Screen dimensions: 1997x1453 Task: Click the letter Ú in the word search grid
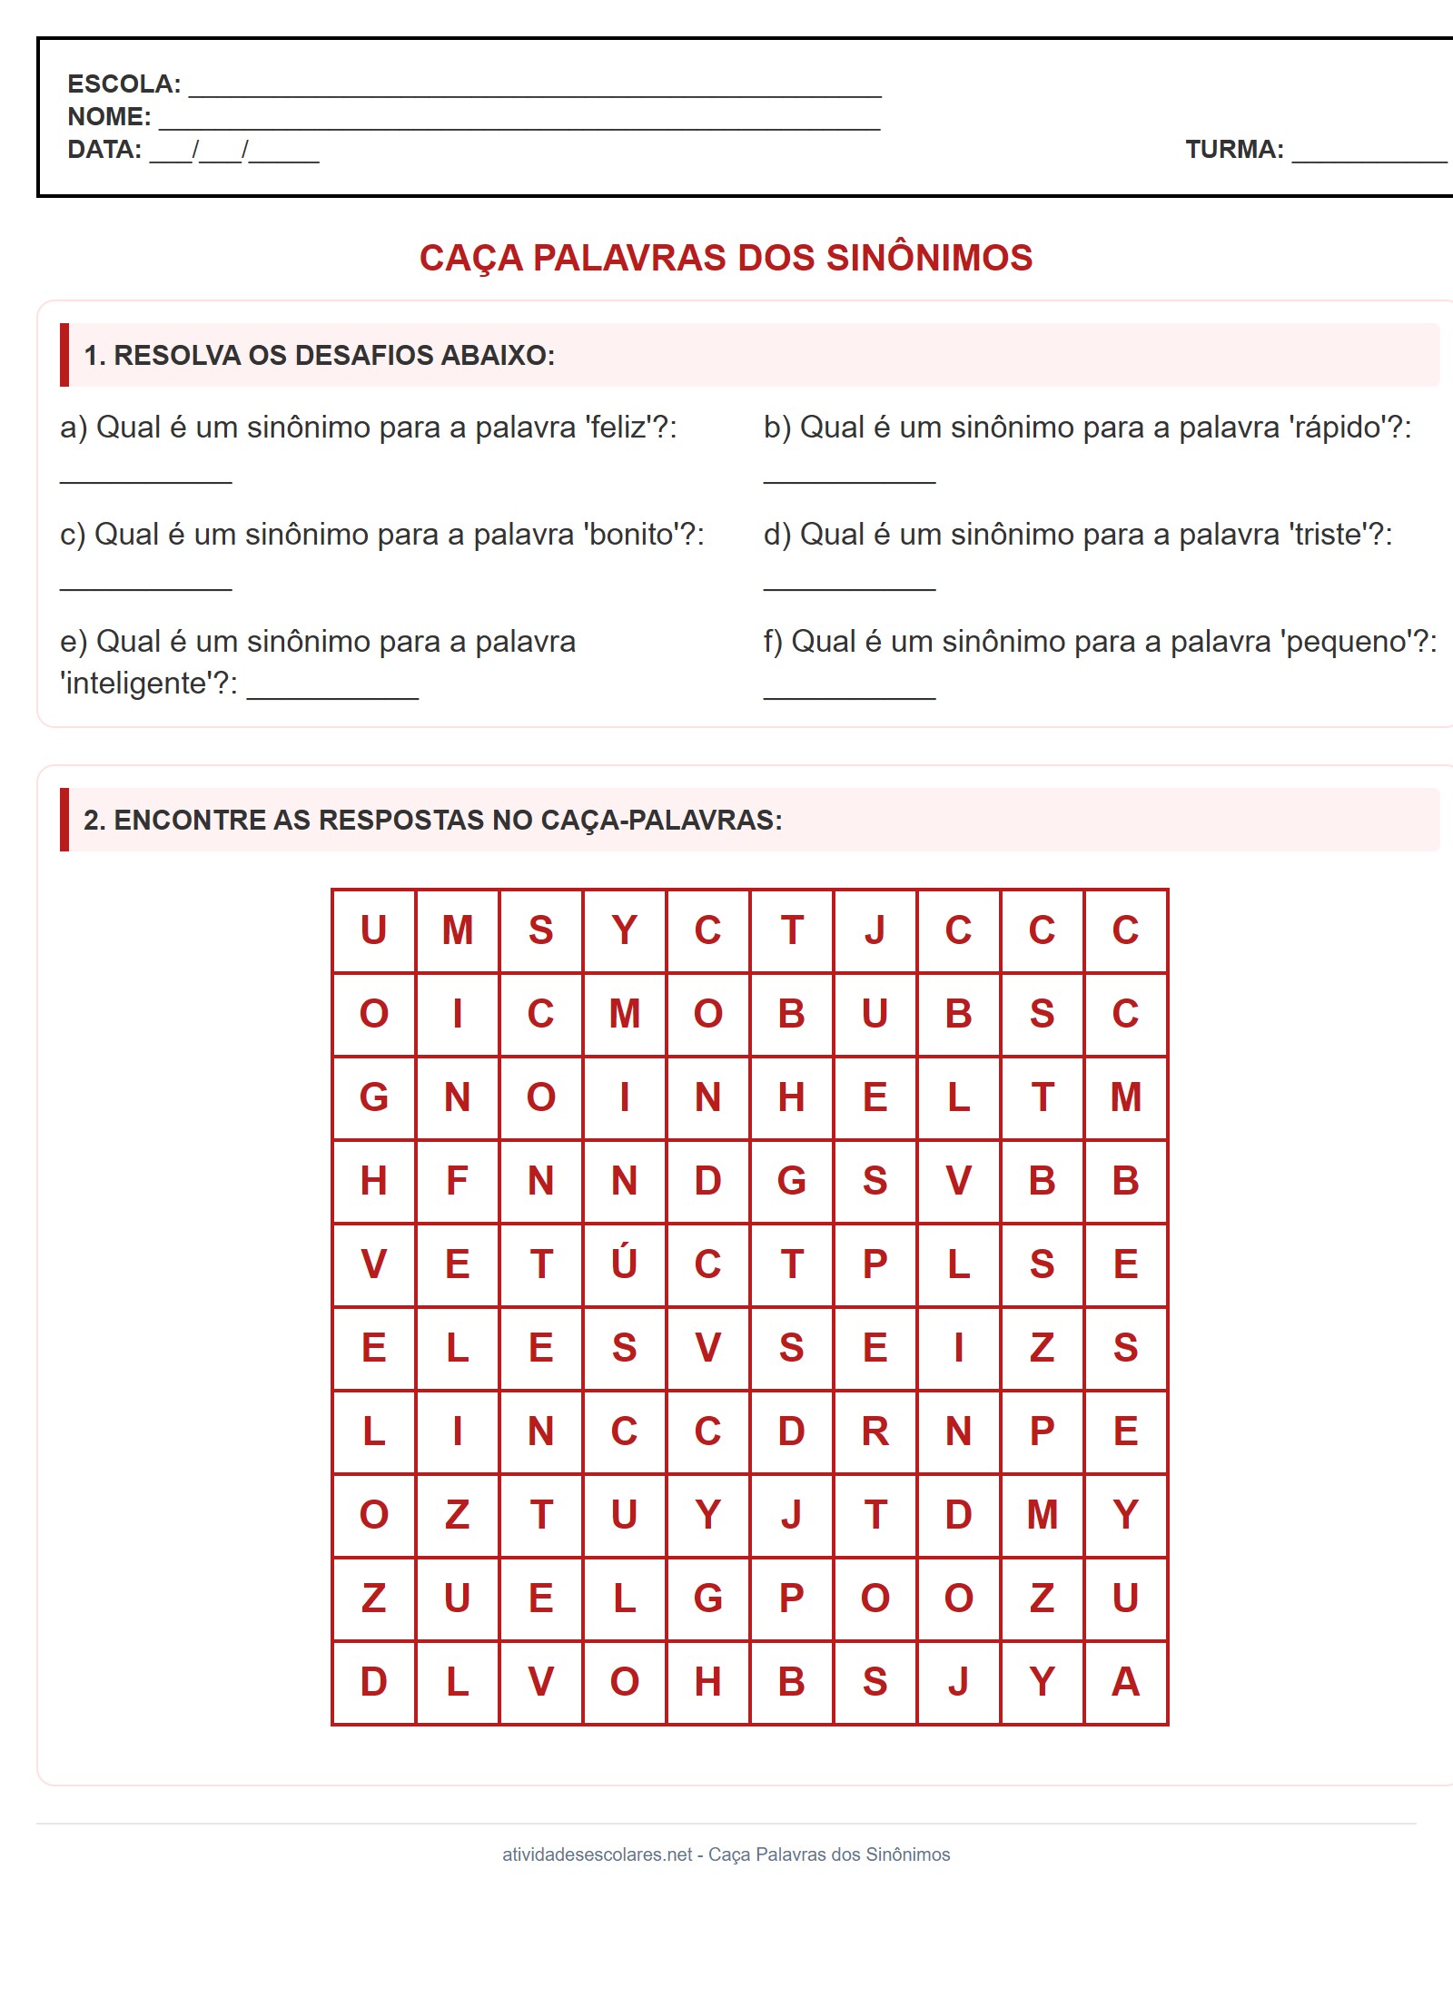pos(624,1264)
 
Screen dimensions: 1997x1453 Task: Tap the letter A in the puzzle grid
pos(1125,1681)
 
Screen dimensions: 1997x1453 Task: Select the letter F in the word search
pos(457,1180)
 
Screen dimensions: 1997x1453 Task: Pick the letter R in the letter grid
pos(875,1431)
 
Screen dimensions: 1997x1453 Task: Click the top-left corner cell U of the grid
pos(373,930)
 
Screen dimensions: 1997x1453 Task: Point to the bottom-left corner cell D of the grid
pos(373,1681)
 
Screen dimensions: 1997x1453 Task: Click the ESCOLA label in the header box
pos(124,84)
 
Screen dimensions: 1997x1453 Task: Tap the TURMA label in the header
pos(1234,150)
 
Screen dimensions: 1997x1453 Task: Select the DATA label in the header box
pos(104,150)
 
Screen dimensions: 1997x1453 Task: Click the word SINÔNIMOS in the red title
pos(929,258)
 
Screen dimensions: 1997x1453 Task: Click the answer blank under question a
pos(145,477)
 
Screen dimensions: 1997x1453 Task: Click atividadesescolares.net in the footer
pos(597,1854)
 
